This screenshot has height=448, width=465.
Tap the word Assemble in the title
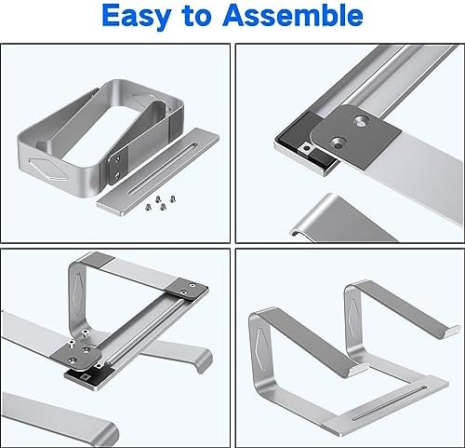[293, 14]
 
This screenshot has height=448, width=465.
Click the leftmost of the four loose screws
[148, 206]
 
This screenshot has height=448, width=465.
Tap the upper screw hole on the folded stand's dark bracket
[117, 159]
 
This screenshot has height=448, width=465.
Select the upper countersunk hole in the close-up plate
[360, 121]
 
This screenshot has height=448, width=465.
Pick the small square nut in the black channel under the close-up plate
[308, 148]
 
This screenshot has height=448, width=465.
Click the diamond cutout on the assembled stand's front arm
[261, 348]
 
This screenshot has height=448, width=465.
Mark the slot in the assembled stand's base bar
[390, 403]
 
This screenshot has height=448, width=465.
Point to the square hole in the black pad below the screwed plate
[86, 377]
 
